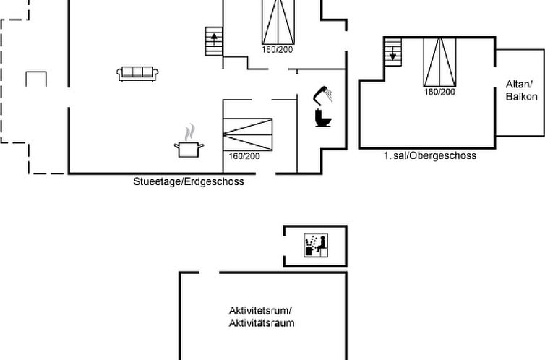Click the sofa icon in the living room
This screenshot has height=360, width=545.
click(137, 74)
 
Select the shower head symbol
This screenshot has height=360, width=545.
click(322, 95)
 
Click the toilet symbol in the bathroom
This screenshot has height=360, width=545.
click(323, 117)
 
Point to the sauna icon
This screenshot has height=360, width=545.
click(316, 245)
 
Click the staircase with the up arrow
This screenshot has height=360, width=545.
click(214, 41)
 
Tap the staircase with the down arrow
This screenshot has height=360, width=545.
click(392, 52)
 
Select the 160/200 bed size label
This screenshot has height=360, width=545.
click(244, 156)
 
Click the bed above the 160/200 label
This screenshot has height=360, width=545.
click(247, 134)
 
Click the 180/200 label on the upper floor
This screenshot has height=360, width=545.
click(439, 92)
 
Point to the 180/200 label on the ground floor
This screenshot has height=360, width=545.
click(278, 49)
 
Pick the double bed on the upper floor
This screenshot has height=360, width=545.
click(439, 62)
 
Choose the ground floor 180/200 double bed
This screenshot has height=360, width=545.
click(278, 22)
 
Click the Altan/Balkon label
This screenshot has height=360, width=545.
click(521, 90)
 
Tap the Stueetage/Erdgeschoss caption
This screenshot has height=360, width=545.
click(189, 181)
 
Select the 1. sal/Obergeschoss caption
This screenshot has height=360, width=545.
click(430, 155)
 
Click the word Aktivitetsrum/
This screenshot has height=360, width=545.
click(260, 310)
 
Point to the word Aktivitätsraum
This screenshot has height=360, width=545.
click(262, 323)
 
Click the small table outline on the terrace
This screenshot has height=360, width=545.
click(36, 72)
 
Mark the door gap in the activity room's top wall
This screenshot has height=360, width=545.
click(209, 273)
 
